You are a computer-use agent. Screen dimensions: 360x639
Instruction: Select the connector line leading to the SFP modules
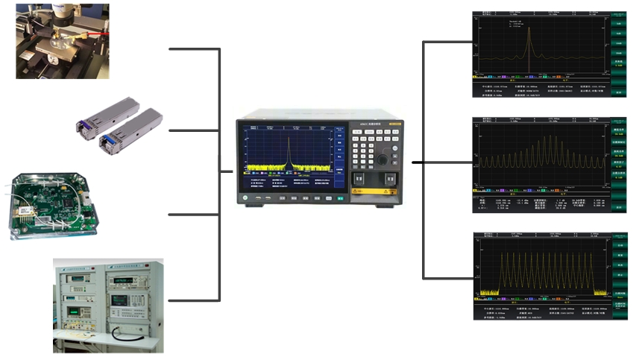click(x=194, y=131)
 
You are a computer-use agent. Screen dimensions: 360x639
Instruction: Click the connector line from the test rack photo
click(x=194, y=300)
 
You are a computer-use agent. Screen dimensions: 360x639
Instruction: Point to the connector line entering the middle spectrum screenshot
click(x=447, y=162)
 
